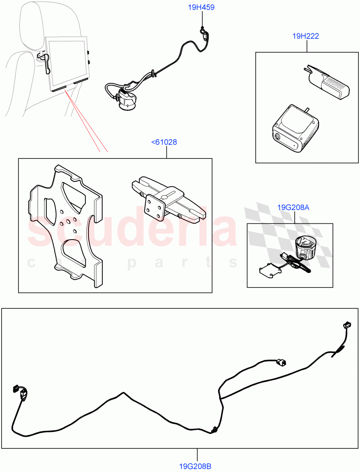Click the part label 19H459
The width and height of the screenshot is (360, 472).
click(201, 7)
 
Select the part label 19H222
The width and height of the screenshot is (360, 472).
click(305, 36)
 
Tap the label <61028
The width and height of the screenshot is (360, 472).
click(164, 142)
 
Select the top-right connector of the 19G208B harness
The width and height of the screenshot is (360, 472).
click(347, 325)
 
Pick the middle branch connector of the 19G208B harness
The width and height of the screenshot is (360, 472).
click(282, 362)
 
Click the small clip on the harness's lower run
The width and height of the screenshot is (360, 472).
click(214, 430)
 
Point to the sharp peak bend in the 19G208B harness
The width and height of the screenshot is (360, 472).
click(124, 393)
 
